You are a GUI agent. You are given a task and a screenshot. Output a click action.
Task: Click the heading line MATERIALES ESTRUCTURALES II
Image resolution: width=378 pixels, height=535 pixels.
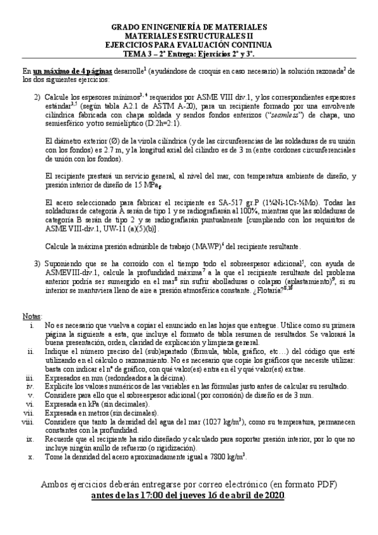[x=189, y=37]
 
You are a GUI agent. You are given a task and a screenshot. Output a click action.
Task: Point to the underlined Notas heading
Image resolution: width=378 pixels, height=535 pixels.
[x=32, y=315]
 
